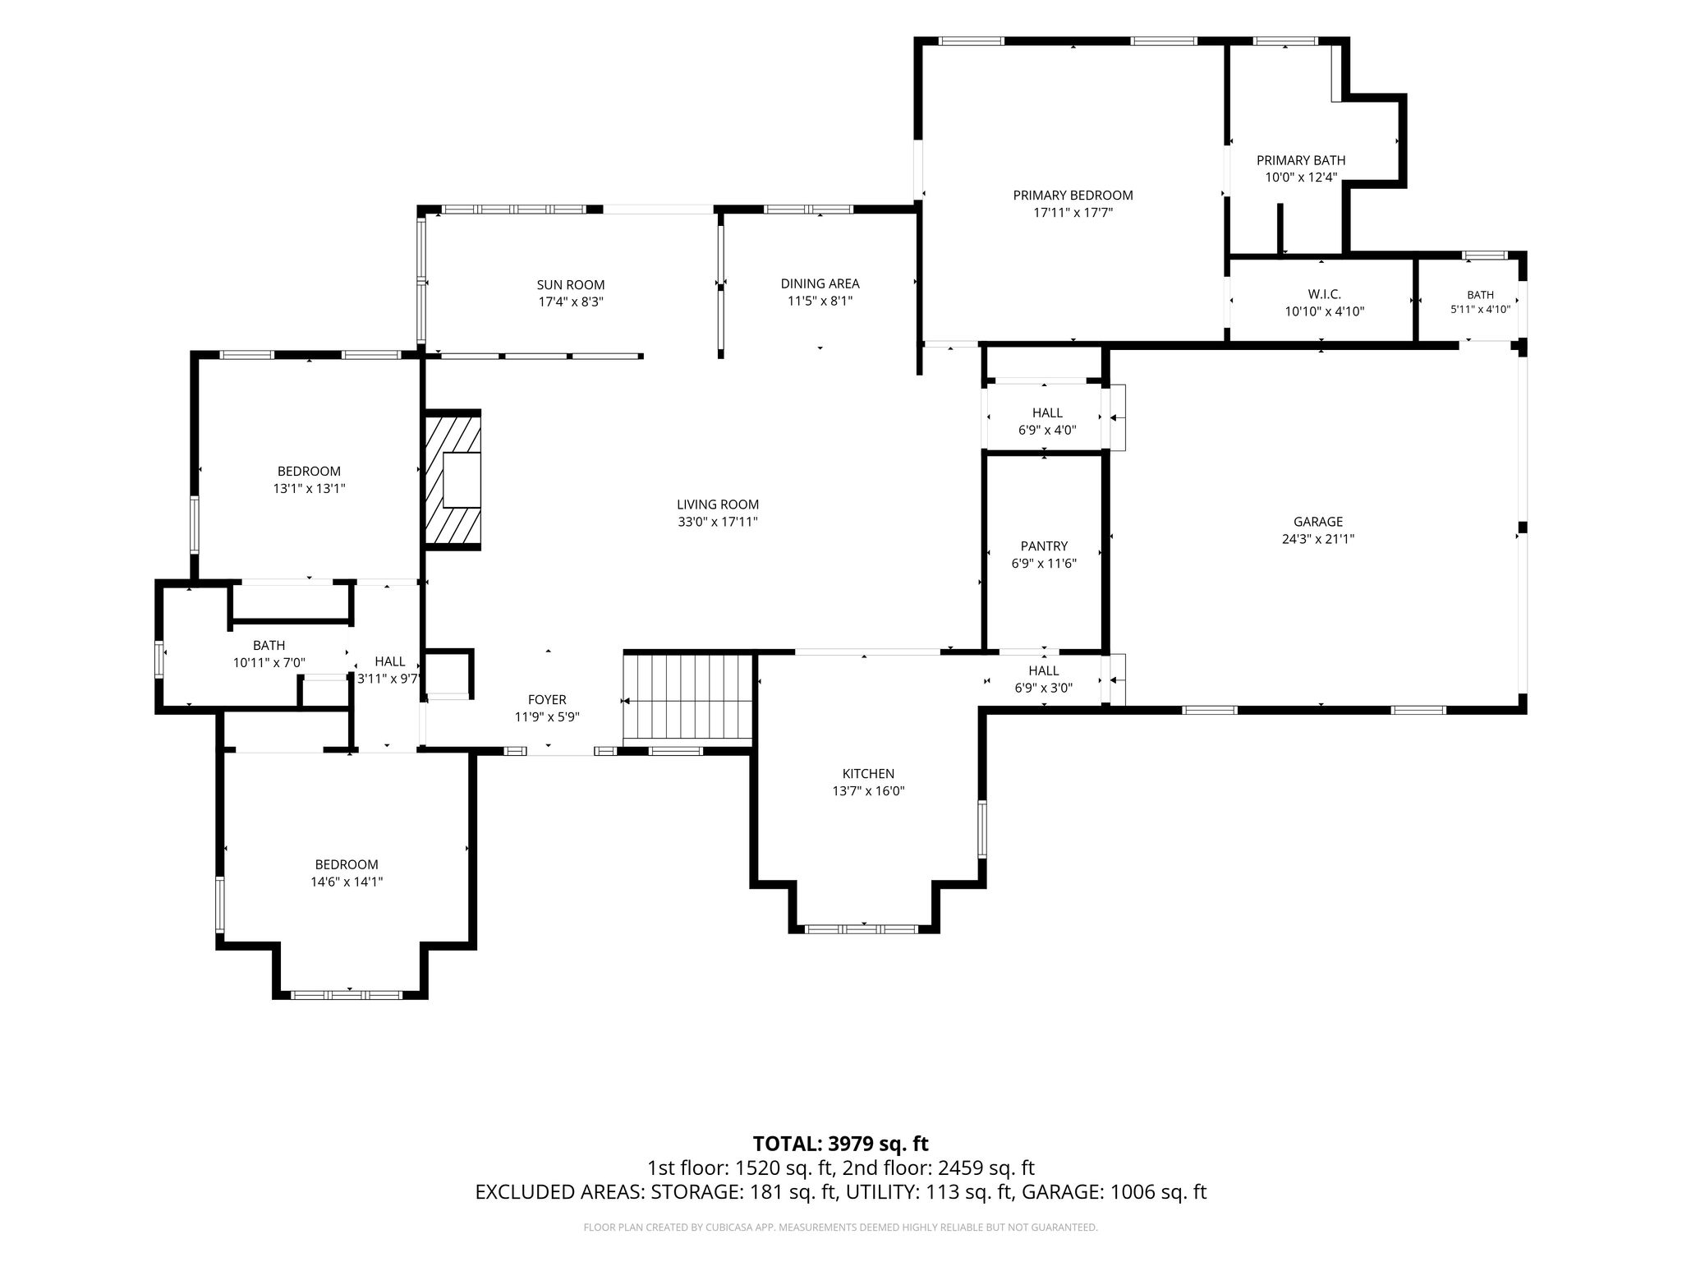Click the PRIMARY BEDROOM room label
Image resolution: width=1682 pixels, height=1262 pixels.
[1073, 196]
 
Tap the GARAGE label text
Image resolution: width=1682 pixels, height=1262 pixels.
[1318, 522]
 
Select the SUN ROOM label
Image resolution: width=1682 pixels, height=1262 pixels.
[571, 285]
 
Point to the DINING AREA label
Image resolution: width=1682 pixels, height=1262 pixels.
[820, 284]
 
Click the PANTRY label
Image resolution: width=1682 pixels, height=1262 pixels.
[1044, 546]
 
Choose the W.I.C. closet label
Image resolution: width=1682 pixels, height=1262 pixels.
[1324, 294]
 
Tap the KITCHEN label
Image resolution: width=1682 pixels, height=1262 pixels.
[868, 774]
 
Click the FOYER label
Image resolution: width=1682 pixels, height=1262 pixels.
[547, 700]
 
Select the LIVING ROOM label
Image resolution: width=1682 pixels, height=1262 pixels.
[718, 504]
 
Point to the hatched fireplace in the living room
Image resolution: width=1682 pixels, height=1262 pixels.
[453, 479]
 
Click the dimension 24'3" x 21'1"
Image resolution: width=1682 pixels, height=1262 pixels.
[1318, 540]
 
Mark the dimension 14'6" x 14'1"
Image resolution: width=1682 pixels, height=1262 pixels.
[347, 882]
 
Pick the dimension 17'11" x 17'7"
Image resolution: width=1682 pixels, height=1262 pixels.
[1073, 213]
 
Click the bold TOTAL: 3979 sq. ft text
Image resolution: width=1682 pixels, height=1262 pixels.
[840, 1144]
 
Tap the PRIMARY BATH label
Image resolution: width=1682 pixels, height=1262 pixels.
[1301, 161]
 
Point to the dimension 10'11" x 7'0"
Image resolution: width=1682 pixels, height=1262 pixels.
[269, 662]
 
